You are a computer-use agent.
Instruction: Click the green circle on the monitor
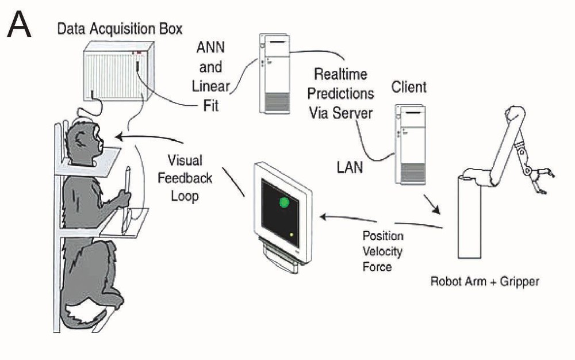tap(284, 202)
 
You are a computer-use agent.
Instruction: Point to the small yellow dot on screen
tap(292, 235)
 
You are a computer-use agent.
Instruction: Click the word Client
tap(409, 87)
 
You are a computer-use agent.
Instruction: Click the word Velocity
tap(382, 251)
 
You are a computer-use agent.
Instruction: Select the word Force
tap(377, 267)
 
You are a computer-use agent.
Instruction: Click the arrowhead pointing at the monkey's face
tap(118, 137)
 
